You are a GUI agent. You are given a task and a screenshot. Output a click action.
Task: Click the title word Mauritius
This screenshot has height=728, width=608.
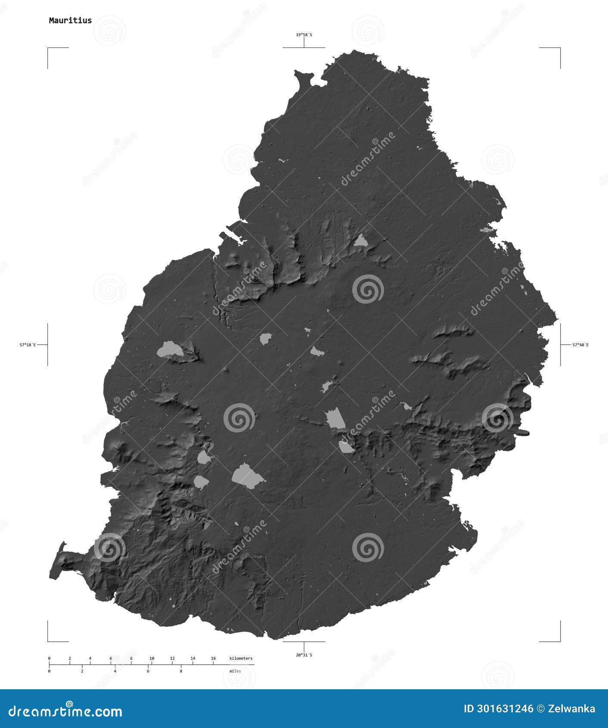pos(70,20)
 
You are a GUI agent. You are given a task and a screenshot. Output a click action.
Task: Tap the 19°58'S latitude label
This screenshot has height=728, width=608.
pos(304,34)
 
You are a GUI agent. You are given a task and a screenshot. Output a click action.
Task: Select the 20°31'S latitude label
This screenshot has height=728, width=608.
pos(304,655)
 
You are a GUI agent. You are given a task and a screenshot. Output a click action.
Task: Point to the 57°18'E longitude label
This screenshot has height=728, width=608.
pos(28,345)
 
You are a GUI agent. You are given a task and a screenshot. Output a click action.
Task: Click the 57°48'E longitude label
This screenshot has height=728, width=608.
pos(580,345)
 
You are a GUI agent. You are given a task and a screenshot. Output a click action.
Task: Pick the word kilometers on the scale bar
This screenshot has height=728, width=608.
pos(241,658)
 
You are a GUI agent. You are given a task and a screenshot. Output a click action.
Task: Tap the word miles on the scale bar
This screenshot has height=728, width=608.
pos(235,671)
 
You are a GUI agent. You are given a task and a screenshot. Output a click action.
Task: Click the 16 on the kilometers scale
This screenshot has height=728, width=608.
pos(213,658)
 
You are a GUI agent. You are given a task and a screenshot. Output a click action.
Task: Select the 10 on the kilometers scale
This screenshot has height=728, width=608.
pos(152,658)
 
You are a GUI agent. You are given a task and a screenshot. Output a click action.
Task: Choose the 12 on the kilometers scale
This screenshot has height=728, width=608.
pos(172,658)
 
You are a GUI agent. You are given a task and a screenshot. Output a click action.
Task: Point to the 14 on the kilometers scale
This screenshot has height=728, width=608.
pos(192,658)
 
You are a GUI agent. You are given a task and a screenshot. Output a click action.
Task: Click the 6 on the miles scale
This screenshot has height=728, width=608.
pos(148,671)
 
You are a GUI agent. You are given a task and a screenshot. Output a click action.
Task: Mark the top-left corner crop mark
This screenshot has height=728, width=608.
pos(49,49)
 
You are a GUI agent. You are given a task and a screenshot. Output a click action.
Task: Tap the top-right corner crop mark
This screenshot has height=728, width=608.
pos(559,49)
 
